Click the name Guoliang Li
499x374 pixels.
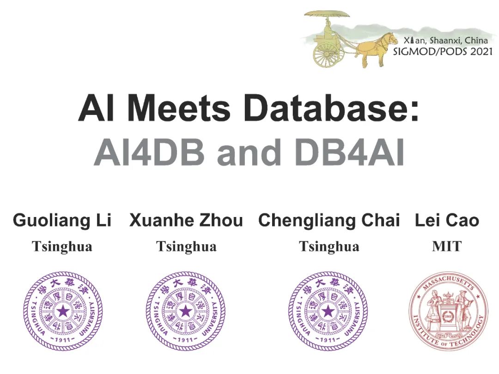[62, 221]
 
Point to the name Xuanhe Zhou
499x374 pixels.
[186, 221]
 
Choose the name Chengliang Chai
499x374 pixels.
[329, 221]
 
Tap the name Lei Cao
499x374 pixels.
[447, 221]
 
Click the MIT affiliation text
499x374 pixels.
[447, 247]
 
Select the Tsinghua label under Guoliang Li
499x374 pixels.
[62, 247]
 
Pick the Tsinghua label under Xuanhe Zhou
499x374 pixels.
[186, 247]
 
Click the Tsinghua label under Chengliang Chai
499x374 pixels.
[329, 247]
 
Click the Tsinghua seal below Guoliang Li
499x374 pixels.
[63, 311]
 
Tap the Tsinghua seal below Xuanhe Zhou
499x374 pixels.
[185, 311]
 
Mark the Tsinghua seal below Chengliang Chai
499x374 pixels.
[328, 311]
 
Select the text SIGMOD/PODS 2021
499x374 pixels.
[443, 51]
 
